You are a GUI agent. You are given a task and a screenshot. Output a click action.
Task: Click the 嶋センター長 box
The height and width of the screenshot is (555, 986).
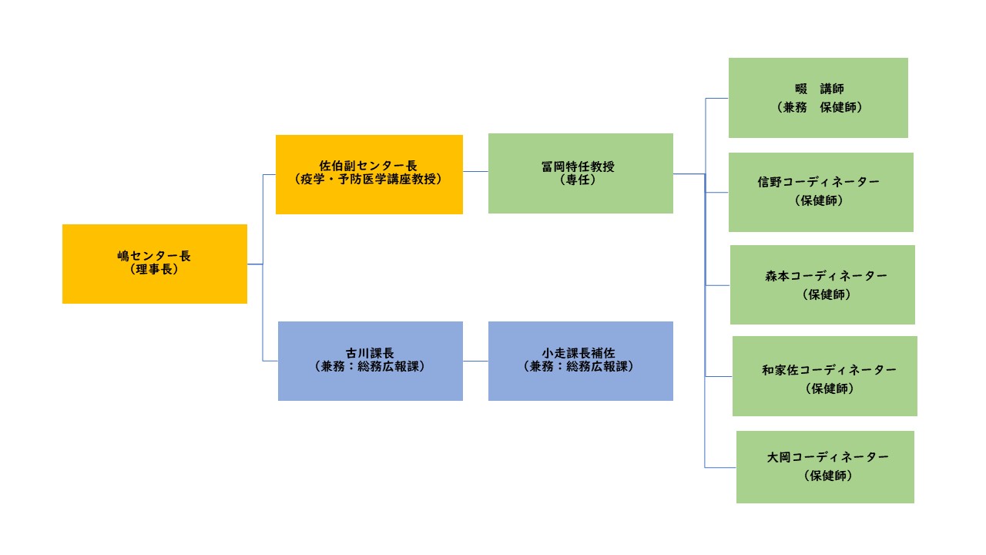155,264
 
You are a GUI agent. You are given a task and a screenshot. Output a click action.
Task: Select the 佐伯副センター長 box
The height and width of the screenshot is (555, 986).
369,174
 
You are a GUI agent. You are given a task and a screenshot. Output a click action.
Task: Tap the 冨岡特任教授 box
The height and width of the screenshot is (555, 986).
581,173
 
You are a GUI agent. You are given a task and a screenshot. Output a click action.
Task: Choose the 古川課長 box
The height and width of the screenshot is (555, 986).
371,362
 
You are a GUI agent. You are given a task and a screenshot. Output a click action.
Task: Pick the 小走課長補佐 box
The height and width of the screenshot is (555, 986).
581,362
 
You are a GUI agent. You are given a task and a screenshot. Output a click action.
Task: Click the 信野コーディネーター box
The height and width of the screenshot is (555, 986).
821,193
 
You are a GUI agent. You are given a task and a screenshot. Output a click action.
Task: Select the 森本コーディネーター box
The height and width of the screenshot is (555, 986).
822,285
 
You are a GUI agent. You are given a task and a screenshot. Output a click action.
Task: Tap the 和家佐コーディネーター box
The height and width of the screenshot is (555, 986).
825,376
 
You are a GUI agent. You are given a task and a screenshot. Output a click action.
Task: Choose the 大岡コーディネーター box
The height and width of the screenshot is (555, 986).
825,467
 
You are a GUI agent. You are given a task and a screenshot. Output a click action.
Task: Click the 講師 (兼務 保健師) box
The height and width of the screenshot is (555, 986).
818,98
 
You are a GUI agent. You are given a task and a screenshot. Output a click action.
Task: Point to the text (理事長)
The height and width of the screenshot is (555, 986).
154,270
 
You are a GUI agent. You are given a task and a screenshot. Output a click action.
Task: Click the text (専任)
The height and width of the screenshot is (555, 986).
578,180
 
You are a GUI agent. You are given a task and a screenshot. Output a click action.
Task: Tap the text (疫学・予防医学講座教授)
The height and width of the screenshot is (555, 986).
368,180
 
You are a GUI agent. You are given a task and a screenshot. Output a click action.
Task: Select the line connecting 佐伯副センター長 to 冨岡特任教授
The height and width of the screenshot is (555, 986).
475,171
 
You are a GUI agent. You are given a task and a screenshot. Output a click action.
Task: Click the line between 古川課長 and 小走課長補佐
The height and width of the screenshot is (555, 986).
475,362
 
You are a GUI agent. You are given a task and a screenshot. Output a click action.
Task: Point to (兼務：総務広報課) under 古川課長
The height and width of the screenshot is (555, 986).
370,366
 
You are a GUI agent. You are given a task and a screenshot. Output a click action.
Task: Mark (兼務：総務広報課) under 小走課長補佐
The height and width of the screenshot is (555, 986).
579,366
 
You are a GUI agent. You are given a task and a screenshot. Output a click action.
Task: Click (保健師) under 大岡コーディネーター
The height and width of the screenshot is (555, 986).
828,476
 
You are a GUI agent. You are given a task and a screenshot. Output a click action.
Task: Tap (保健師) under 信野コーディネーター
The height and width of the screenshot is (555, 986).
819,201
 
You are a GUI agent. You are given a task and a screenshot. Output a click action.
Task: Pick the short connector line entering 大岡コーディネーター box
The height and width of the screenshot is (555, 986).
720,467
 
